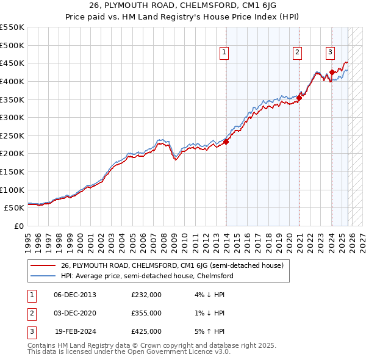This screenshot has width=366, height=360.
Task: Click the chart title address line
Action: [183, 6]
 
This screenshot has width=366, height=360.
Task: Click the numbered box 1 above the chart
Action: [224, 53]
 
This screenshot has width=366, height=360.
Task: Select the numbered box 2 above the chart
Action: [297, 53]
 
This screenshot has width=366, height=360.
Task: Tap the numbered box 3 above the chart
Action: [330, 53]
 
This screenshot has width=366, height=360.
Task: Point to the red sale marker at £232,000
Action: [226, 142]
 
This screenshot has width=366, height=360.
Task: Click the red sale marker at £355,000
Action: [300, 97]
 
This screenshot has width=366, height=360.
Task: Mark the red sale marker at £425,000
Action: [332, 72]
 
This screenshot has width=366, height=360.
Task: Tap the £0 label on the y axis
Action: [18, 226]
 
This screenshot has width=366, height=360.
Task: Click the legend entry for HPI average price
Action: [146, 276]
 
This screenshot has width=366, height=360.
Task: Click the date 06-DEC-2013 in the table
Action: [75, 295]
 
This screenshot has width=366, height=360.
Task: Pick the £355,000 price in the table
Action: [146, 313]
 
